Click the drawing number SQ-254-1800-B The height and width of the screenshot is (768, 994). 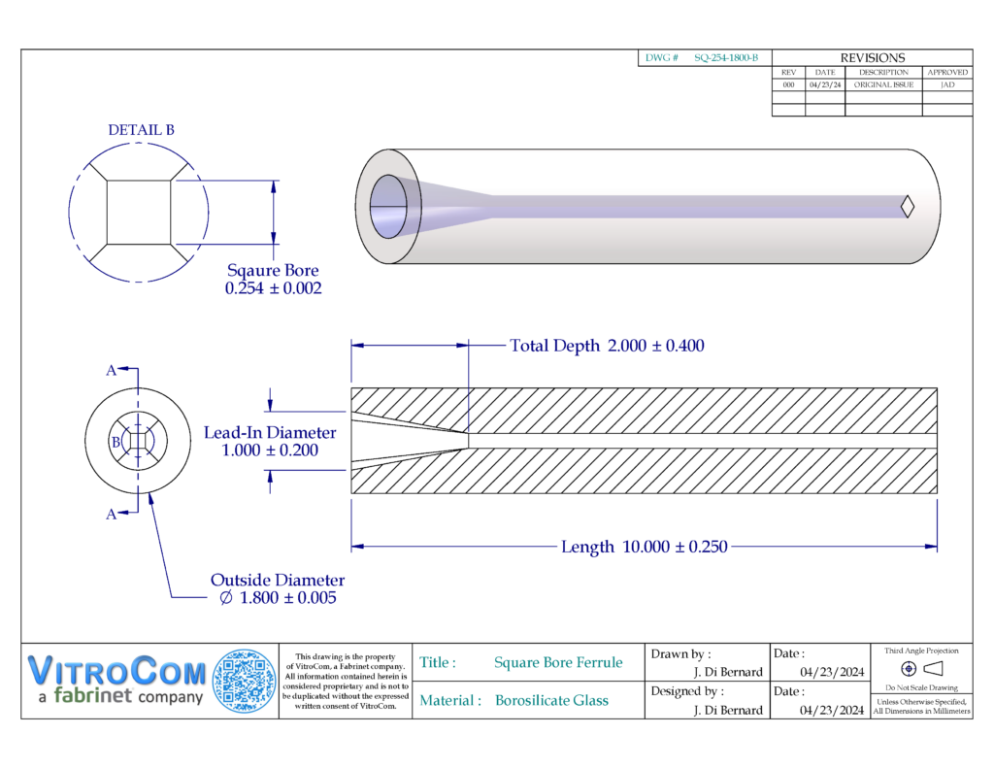(x=725, y=58)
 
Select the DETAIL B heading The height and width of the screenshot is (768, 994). (x=141, y=130)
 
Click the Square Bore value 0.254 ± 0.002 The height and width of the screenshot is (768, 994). (x=273, y=288)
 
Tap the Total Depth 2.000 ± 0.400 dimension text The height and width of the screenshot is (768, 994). (x=607, y=346)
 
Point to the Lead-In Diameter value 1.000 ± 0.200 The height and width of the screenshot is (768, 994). (x=270, y=451)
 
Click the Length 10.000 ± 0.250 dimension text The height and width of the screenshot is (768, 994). (x=644, y=547)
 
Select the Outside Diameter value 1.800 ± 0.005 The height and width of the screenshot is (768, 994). (x=278, y=598)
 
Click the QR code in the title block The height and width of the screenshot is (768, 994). (x=244, y=681)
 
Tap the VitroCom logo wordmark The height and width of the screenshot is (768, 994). (x=116, y=671)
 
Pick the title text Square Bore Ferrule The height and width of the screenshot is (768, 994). (x=558, y=662)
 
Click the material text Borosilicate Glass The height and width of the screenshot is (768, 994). (x=551, y=700)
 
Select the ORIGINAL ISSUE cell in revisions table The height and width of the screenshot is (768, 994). (x=883, y=84)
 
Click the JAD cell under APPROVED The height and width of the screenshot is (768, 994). (x=946, y=84)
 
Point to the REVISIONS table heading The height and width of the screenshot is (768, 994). (x=872, y=58)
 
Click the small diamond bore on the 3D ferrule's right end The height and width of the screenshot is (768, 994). (x=908, y=206)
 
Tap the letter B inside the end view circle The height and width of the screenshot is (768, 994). (x=116, y=442)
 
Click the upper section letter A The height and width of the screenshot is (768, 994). (x=112, y=370)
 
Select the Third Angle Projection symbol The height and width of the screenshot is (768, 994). (x=921, y=668)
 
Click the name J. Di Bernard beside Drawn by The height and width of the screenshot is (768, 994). (x=728, y=672)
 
